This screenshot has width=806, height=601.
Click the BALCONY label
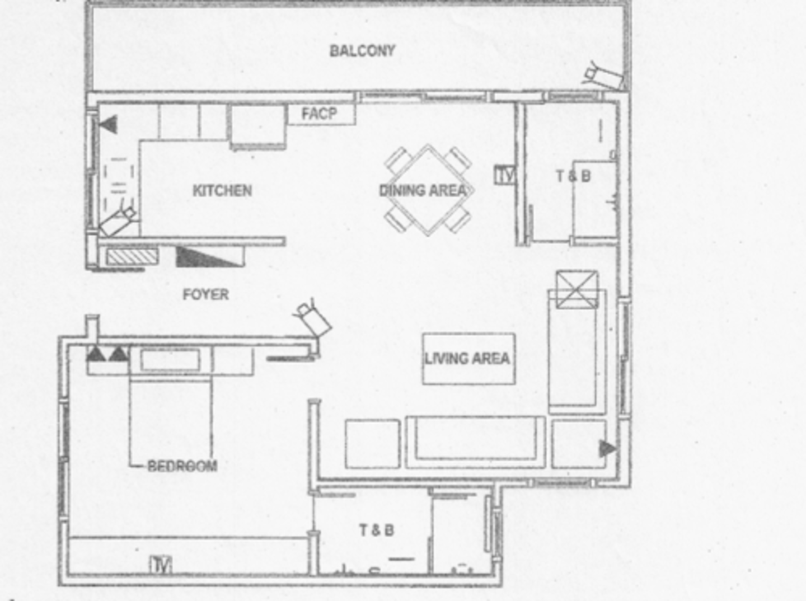(x=362, y=51)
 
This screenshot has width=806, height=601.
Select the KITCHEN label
(x=222, y=191)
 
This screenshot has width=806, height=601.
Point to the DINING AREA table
(x=428, y=190)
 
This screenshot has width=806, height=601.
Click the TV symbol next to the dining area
(x=505, y=175)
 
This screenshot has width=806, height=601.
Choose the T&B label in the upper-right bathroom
(x=573, y=176)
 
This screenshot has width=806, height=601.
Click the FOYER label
(x=205, y=294)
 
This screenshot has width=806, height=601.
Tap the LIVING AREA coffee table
(x=468, y=359)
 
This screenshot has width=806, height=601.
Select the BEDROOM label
(x=182, y=466)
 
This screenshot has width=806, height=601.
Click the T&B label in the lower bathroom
(x=376, y=529)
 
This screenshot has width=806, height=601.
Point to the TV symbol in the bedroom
(x=161, y=565)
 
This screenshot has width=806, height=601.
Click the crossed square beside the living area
(x=577, y=289)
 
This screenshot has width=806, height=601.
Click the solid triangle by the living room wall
(x=607, y=448)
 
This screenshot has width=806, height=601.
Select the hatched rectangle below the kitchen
(x=132, y=256)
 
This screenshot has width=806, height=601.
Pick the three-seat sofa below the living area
(x=475, y=442)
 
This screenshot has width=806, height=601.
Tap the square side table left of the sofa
(x=372, y=443)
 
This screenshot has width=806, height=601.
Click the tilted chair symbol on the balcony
(x=603, y=77)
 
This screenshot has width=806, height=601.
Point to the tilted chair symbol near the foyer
(x=313, y=318)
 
